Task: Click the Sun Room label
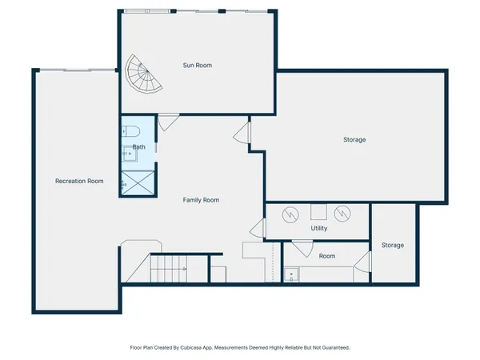point(198,66)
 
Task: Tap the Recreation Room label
point(79,181)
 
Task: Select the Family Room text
point(201,200)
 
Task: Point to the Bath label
point(139,147)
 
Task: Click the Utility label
point(319,228)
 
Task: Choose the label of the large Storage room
point(354,140)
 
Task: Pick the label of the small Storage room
point(392,245)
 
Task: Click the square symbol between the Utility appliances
point(318,212)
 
